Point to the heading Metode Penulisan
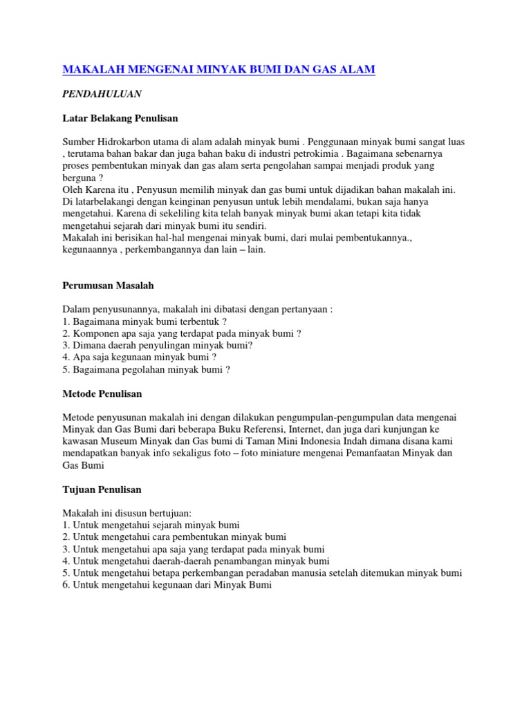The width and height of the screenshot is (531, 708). point(102,393)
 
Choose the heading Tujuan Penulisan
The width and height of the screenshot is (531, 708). point(102,490)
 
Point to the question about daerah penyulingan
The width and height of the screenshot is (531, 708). point(157,345)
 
